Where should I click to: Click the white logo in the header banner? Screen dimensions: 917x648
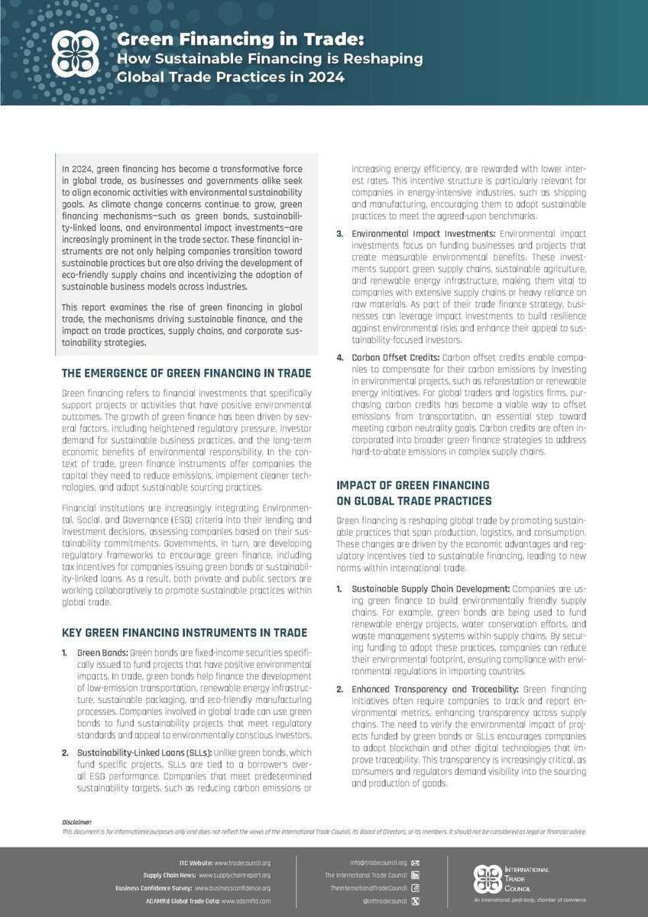point(75,53)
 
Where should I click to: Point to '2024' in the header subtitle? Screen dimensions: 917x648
point(325,76)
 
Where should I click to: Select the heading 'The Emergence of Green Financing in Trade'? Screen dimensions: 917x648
point(186,374)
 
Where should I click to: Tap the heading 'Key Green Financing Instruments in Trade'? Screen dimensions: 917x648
point(184,633)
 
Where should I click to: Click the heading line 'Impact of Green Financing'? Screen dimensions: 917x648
point(413,485)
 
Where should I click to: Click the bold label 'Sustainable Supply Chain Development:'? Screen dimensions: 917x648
point(430,589)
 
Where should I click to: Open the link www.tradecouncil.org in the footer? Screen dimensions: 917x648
point(242,863)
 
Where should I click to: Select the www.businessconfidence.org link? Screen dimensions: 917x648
point(232,888)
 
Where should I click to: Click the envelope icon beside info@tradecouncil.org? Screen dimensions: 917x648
point(415,863)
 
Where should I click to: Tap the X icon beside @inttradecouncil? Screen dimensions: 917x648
point(415,901)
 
